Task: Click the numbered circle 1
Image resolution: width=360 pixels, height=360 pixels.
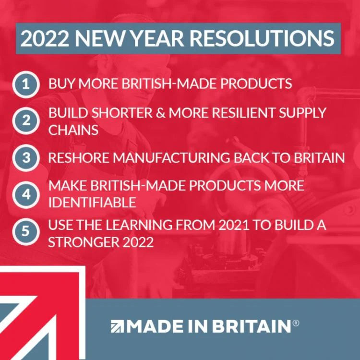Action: [25, 84]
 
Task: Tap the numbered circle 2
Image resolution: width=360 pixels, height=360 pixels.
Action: [25, 121]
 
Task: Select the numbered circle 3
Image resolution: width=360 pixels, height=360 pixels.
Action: [25, 158]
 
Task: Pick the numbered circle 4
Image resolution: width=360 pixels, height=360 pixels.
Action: [25, 194]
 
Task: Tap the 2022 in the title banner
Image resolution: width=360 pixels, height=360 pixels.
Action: [42, 38]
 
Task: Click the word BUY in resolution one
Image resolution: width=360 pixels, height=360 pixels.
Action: [61, 84]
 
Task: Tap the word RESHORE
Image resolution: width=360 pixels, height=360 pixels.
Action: [81, 158]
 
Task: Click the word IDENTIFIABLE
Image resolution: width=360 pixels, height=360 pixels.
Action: [92, 202]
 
